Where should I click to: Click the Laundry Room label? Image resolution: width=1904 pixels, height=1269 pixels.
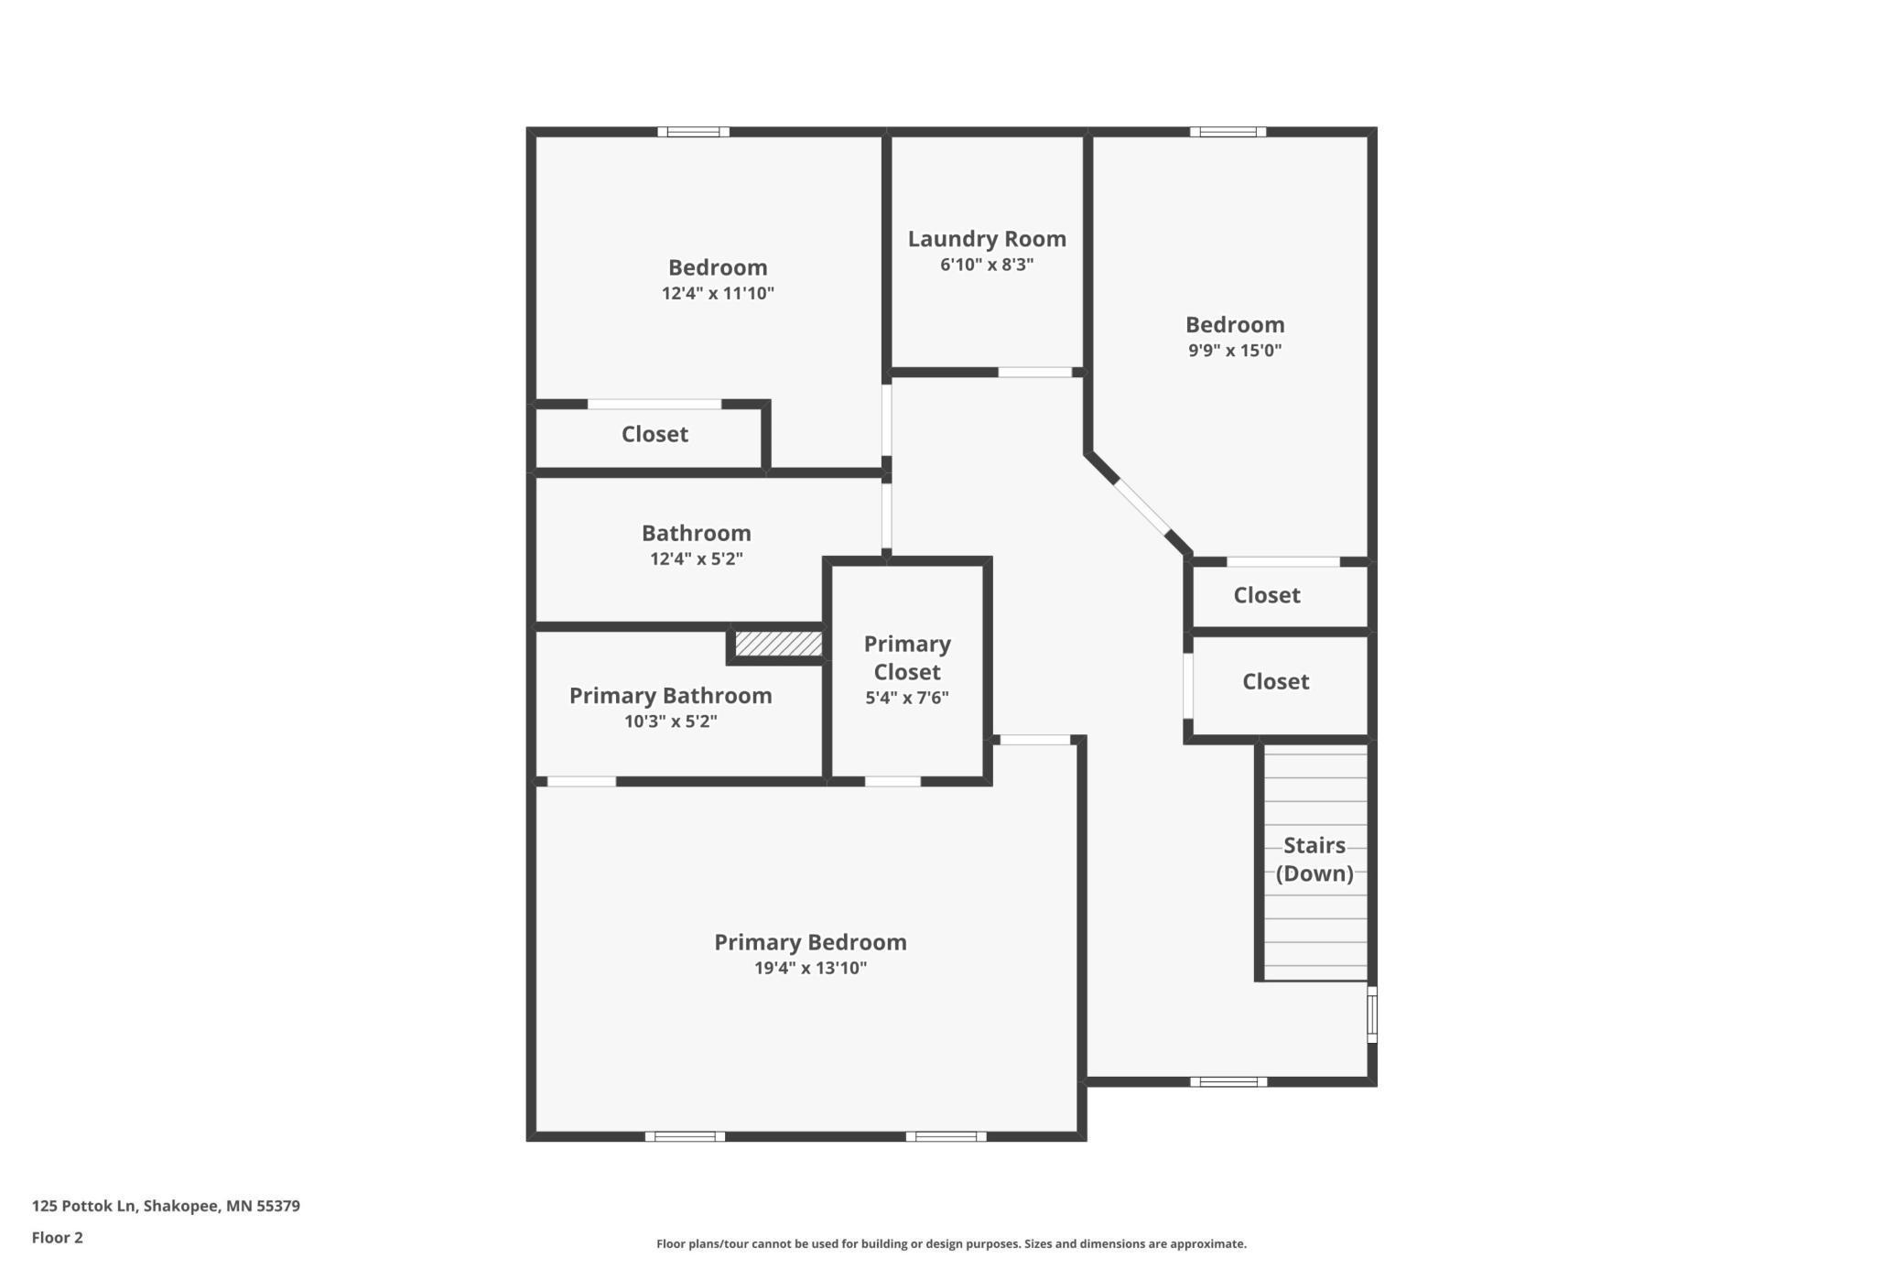click(987, 239)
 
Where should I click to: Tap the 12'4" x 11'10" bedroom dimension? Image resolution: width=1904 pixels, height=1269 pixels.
click(718, 294)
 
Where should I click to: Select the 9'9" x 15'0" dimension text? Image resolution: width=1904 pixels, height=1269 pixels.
click(1235, 351)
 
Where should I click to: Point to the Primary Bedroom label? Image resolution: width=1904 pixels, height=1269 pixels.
click(810, 942)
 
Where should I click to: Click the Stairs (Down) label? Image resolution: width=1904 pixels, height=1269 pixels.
click(1314, 859)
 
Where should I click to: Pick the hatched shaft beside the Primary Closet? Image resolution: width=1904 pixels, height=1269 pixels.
click(778, 644)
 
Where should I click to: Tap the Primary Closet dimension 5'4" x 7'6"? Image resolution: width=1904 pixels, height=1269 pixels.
click(907, 698)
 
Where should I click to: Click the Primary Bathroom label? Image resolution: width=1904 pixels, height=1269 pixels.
click(671, 696)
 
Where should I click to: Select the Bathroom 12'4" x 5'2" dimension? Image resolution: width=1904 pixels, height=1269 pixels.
click(697, 559)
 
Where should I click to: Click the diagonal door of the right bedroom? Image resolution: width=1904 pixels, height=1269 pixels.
click(1141, 506)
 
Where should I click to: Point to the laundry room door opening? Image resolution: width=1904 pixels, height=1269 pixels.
click(1034, 373)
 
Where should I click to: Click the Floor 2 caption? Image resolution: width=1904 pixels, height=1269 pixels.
click(57, 1238)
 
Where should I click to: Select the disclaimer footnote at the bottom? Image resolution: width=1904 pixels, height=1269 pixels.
click(951, 1243)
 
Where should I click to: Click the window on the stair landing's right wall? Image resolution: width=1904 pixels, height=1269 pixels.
click(1372, 1014)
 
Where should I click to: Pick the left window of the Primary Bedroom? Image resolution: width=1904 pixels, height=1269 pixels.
click(685, 1136)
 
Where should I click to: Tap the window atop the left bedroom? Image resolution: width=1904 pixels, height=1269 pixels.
click(693, 132)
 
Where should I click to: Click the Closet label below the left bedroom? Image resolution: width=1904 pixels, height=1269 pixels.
click(654, 434)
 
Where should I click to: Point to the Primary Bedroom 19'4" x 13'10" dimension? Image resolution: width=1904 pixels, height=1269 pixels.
click(810, 969)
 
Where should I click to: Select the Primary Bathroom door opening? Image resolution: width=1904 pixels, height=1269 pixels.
click(581, 782)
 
